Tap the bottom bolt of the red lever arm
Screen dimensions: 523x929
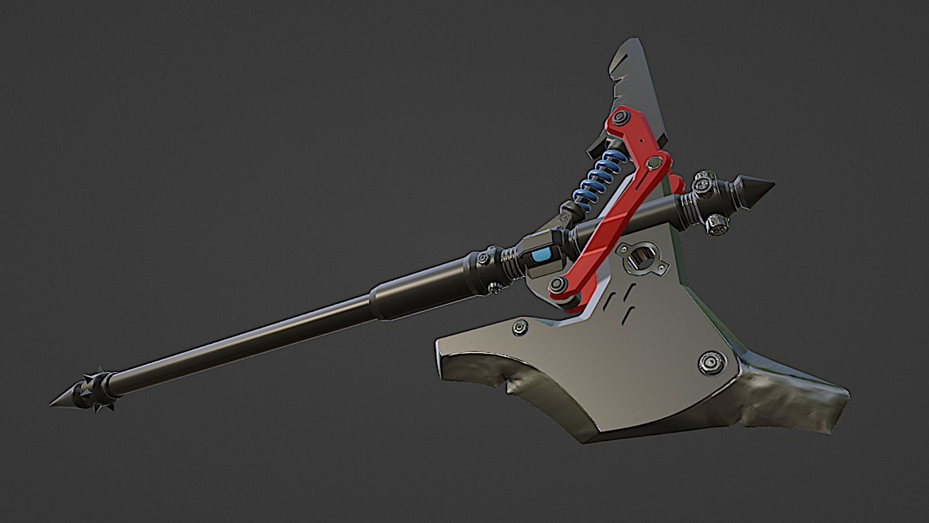pyautogui.click(x=559, y=284)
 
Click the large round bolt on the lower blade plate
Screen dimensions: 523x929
pyautogui.click(x=710, y=363)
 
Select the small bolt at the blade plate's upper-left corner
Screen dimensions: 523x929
pyautogui.click(x=518, y=329)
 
